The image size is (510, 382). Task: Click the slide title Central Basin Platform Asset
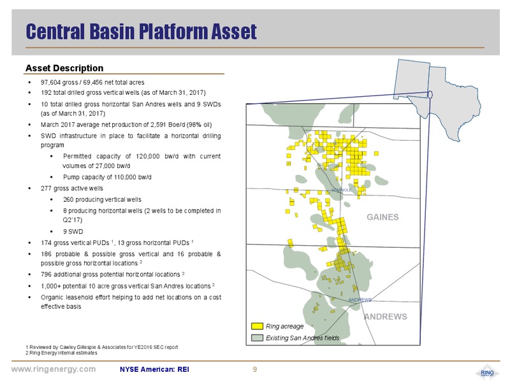(141, 31)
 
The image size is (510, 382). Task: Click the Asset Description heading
(64, 68)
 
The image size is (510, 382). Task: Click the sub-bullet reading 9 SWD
(73, 232)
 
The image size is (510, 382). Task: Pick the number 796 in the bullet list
(46, 274)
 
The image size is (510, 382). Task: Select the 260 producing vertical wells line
(102, 199)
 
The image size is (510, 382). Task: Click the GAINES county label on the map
(382, 217)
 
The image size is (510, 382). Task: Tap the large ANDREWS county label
(386, 316)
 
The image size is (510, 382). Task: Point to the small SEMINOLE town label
(342, 190)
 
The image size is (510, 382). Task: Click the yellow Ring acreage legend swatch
(257, 326)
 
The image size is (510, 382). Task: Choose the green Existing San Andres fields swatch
(257, 338)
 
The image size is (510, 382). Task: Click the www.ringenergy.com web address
(54, 369)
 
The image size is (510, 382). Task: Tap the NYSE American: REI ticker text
(154, 369)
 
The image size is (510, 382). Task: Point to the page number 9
(255, 369)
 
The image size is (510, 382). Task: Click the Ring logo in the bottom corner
(487, 372)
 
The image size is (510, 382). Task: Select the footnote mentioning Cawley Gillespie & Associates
(102, 347)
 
